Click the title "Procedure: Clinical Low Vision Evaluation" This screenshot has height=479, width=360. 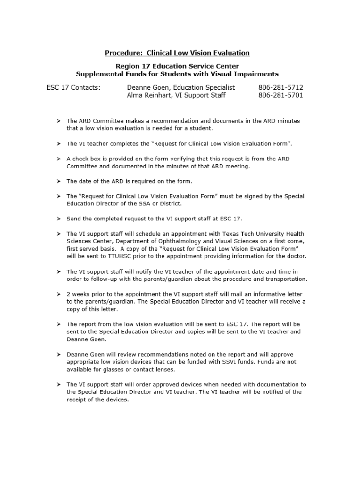point(177,53)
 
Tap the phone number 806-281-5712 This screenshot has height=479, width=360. point(281,87)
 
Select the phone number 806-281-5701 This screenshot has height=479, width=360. point(281,95)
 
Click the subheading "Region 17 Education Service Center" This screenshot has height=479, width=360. point(177,66)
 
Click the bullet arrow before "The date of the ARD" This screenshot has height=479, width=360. point(59,181)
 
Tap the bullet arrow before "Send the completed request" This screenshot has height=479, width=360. point(59,218)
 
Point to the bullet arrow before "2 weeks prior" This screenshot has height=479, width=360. point(59,294)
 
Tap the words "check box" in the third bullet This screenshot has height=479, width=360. point(86,159)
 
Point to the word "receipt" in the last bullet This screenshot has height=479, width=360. point(77,400)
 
